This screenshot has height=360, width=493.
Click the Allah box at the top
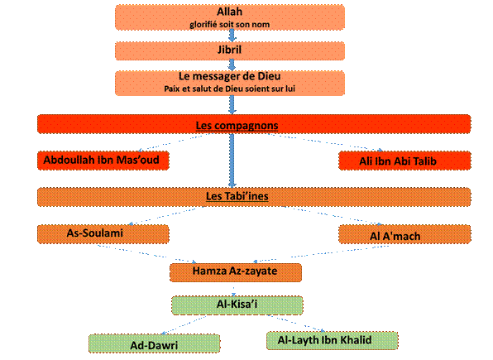(x=230, y=17)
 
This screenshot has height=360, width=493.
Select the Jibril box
(x=230, y=50)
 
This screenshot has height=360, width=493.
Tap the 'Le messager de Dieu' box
(x=230, y=83)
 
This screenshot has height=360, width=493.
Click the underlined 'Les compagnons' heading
(x=237, y=125)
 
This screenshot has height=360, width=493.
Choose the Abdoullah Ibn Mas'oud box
(x=103, y=161)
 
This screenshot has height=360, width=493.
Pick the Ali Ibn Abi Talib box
(x=404, y=161)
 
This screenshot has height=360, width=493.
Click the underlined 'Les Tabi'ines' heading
(x=237, y=196)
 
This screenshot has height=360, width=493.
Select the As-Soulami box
(x=103, y=234)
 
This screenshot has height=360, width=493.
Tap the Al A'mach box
(x=404, y=234)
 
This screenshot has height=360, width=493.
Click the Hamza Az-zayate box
(x=236, y=272)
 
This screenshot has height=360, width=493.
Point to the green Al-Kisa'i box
(x=237, y=305)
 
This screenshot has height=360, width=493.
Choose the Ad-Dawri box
(x=155, y=343)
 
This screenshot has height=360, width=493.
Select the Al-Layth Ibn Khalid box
(x=332, y=341)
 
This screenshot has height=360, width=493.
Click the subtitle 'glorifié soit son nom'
(x=229, y=24)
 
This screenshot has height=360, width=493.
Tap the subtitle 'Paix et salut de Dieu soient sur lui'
(x=229, y=89)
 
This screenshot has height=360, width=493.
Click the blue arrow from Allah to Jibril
(x=232, y=36)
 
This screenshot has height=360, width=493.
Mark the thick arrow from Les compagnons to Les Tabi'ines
(x=232, y=161)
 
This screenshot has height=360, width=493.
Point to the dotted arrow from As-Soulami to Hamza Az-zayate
(x=147, y=253)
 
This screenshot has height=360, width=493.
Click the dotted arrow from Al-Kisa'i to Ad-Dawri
(x=184, y=324)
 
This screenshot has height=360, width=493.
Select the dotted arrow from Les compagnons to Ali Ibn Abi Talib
(x=325, y=142)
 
